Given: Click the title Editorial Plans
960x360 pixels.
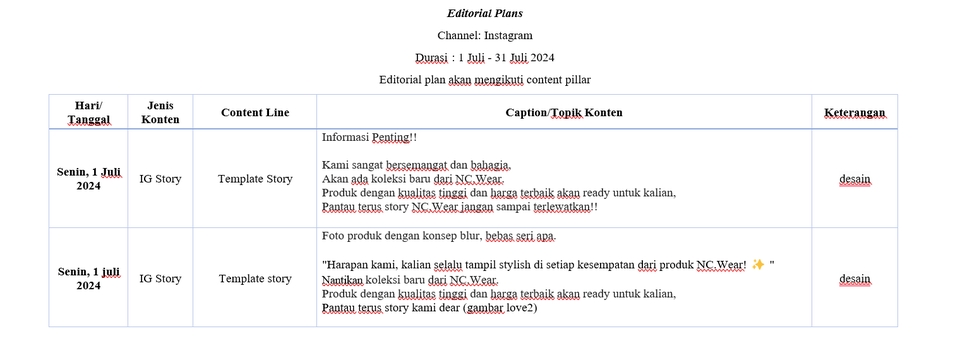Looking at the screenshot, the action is [484, 14].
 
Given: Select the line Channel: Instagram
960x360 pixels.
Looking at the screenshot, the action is [484, 35].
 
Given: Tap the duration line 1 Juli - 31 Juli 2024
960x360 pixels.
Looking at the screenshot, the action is [485, 57].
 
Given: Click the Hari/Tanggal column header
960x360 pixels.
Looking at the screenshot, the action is [88, 112].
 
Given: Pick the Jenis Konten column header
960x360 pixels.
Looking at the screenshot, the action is [160, 112].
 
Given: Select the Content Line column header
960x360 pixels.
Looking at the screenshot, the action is [255, 113].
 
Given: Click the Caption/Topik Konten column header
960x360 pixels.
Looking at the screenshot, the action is [564, 113].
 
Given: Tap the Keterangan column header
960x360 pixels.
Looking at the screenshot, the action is [854, 113].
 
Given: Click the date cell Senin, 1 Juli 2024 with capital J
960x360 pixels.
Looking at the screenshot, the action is [88, 179].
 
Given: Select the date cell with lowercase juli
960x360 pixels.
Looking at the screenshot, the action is [88, 278].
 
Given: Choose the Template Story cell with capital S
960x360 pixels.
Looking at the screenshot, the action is [255, 179].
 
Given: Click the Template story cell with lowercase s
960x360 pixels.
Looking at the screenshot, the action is [255, 279].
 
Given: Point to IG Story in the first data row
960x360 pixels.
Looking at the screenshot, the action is [160, 179].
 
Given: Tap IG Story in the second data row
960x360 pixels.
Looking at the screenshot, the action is [160, 279].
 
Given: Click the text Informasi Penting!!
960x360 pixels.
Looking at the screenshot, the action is [369, 136].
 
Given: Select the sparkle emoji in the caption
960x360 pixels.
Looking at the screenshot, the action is [758, 265].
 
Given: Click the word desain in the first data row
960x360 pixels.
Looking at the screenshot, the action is [854, 179].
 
